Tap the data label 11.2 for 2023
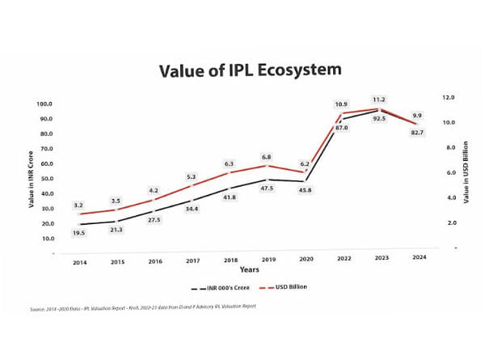[x=378, y=99]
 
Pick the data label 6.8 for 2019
[x=266, y=156]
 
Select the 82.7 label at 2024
[x=417, y=131]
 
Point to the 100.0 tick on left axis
[x=44, y=104]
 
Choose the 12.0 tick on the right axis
[x=447, y=97]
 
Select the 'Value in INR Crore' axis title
[x=31, y=179]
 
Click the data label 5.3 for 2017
[x=192, y=176]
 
